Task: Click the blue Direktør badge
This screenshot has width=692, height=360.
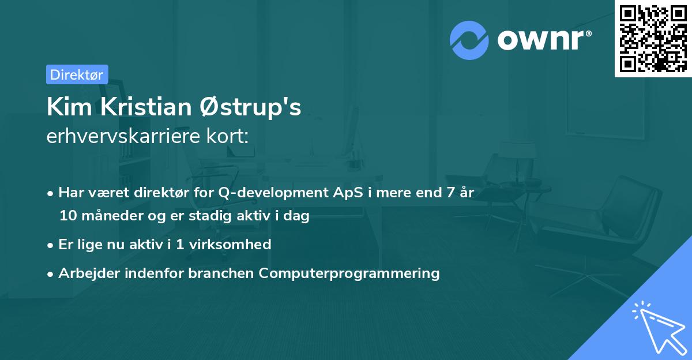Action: coord(77,74)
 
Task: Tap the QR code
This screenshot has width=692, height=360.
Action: coord(653,39)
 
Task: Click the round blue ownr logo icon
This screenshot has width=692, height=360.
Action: coord(469,40)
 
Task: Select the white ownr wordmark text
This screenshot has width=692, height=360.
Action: coord(541,40)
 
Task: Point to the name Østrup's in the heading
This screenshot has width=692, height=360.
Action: coord(250,107)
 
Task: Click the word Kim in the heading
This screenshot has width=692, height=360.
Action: coord(70,107)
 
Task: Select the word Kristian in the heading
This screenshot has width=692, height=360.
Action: coord(146,107)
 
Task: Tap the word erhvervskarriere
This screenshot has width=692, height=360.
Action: coord(123,136)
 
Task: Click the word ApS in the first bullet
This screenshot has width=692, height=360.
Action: coord(348,193)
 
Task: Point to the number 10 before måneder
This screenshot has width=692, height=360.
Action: coord(68,215)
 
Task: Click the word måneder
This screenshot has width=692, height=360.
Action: coord(112,215)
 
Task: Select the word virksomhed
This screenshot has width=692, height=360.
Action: coord(230,244)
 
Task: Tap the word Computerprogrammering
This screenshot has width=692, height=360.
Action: coord(349,273)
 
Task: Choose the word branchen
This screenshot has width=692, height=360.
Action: coord(221,273)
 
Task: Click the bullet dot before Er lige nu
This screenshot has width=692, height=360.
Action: coord(50,245)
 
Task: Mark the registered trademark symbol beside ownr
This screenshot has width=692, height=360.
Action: coord(588,33)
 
